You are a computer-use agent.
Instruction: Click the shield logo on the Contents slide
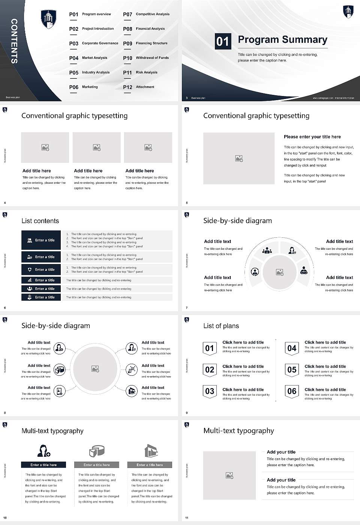click(48, 19)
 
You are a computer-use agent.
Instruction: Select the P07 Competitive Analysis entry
click(146, 14)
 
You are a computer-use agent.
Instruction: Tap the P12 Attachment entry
click(139, 87)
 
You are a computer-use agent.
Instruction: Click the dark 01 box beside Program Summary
click(222, 41)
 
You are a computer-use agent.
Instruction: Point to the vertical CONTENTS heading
click(14, 41)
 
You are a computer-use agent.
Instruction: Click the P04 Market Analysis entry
click(88, 58)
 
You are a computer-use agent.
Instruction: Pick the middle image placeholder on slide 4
click(97, 147)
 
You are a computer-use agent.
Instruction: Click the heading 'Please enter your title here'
click(312, 137)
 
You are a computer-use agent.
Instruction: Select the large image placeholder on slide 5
click(239, 158)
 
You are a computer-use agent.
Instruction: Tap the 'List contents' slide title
click(40, 221)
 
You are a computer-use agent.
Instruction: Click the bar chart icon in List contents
click(30, 280)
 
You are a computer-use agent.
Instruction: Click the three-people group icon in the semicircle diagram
click(267, 250)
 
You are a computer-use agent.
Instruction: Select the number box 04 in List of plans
click(292, 348)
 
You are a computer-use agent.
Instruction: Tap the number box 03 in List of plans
click(210, 391)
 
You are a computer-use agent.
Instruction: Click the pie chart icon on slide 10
click(97, 451)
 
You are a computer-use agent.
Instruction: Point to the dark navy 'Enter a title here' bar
click(43, 465)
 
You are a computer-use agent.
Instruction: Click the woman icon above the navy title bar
click(43, 450)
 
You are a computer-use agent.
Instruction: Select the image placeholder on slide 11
click(229, 475)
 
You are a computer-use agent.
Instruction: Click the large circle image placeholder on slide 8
click(95, 369)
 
